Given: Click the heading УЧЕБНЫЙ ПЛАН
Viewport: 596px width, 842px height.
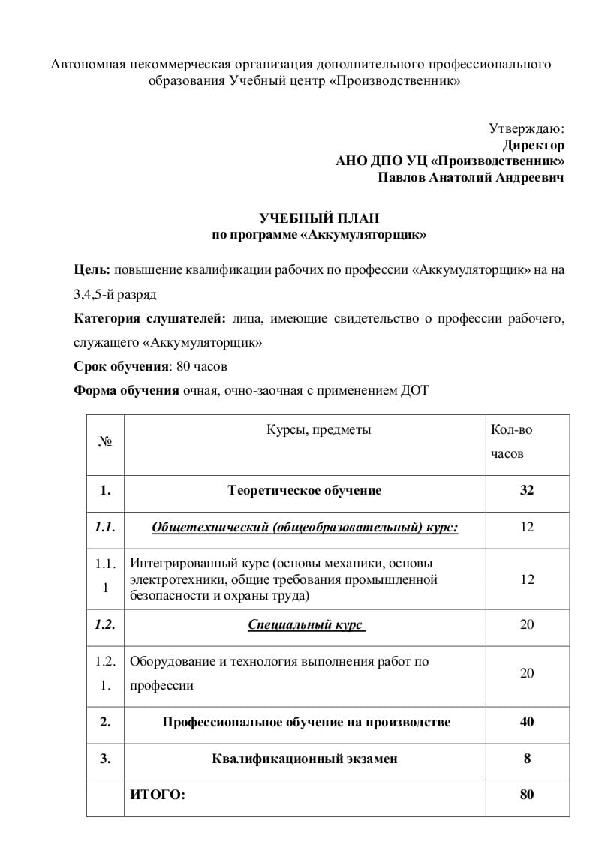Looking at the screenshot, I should (319, 218).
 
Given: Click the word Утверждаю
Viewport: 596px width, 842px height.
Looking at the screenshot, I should (526, 128).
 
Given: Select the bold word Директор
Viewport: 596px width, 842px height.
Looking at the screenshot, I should (533, 145).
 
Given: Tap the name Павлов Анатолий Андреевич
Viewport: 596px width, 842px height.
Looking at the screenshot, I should (470, 178).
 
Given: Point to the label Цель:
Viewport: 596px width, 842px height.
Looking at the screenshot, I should (92, 269).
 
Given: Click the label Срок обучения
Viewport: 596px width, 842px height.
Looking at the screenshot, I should (121, 367).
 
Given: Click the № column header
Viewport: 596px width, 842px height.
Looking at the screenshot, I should (105, 442).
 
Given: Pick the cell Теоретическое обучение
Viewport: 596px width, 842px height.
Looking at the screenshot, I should (304, 491).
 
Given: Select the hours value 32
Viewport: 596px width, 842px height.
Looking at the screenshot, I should (527, 491).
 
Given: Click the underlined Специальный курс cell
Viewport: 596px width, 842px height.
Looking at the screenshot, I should (306, 624).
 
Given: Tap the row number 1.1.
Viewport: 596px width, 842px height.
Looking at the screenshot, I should (105, 528).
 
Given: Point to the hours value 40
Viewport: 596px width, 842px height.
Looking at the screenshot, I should (527, 722).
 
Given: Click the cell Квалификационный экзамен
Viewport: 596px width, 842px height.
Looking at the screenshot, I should (305, 759).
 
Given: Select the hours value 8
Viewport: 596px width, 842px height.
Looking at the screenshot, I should (527, 759).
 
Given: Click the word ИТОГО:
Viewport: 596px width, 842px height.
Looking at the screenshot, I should (157, 795).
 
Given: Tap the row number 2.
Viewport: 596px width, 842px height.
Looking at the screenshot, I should (105, 722).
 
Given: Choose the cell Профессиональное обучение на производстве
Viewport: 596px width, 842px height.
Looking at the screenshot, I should (306, 722).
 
